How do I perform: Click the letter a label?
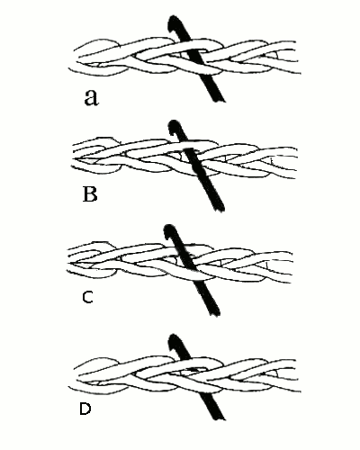coord(91,97)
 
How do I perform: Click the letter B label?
coord(90,194)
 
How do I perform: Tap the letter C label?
coord(87,297)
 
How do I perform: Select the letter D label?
coord(85,409)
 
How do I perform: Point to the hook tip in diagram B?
coord(174,122)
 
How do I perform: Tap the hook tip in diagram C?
coord(168,227)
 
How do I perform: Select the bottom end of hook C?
coord(215,314)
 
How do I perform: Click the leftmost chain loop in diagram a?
coord(99,58)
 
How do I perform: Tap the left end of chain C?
coord(67,260)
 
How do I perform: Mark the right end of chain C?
coord(291,267)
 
